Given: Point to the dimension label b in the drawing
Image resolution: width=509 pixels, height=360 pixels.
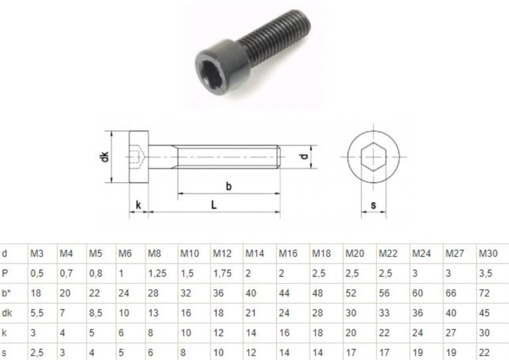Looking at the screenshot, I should click(x=228, y=186).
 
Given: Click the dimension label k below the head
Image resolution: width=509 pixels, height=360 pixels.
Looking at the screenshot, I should click(x=138, y=205).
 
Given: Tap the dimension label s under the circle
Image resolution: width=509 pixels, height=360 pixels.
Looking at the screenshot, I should click(x=373, y=205).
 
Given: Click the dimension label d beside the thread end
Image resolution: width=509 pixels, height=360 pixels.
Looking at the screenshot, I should click(x=305, y=156).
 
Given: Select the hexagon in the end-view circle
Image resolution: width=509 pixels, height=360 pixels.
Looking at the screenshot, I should click(x=373, y=156).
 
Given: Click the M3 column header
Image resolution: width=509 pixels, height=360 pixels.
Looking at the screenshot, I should click(x=38, y=254).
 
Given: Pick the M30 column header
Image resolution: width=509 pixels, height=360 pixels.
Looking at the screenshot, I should click(x=487, y=254).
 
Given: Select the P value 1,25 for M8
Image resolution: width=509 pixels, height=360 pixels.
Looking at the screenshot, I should click(x=157, y=273).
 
